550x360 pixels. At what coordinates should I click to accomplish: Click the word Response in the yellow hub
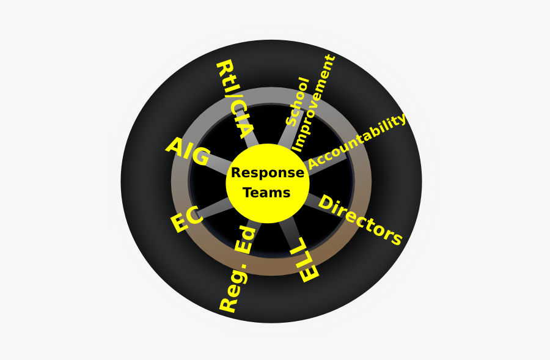268,173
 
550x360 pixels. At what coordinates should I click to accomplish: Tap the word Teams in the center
266,193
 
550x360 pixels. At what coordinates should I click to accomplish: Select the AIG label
188,152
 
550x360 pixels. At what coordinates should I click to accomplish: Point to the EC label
187,219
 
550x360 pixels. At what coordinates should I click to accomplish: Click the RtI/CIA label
235,100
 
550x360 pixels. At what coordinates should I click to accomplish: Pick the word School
298,101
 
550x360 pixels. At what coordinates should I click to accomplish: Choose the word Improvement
313,103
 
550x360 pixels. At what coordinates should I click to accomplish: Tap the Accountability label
357,141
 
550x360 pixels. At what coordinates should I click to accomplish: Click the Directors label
360,220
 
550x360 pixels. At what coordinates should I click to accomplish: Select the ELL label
304,260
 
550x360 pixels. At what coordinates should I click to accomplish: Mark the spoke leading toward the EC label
215,209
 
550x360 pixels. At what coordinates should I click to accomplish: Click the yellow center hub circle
268,183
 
